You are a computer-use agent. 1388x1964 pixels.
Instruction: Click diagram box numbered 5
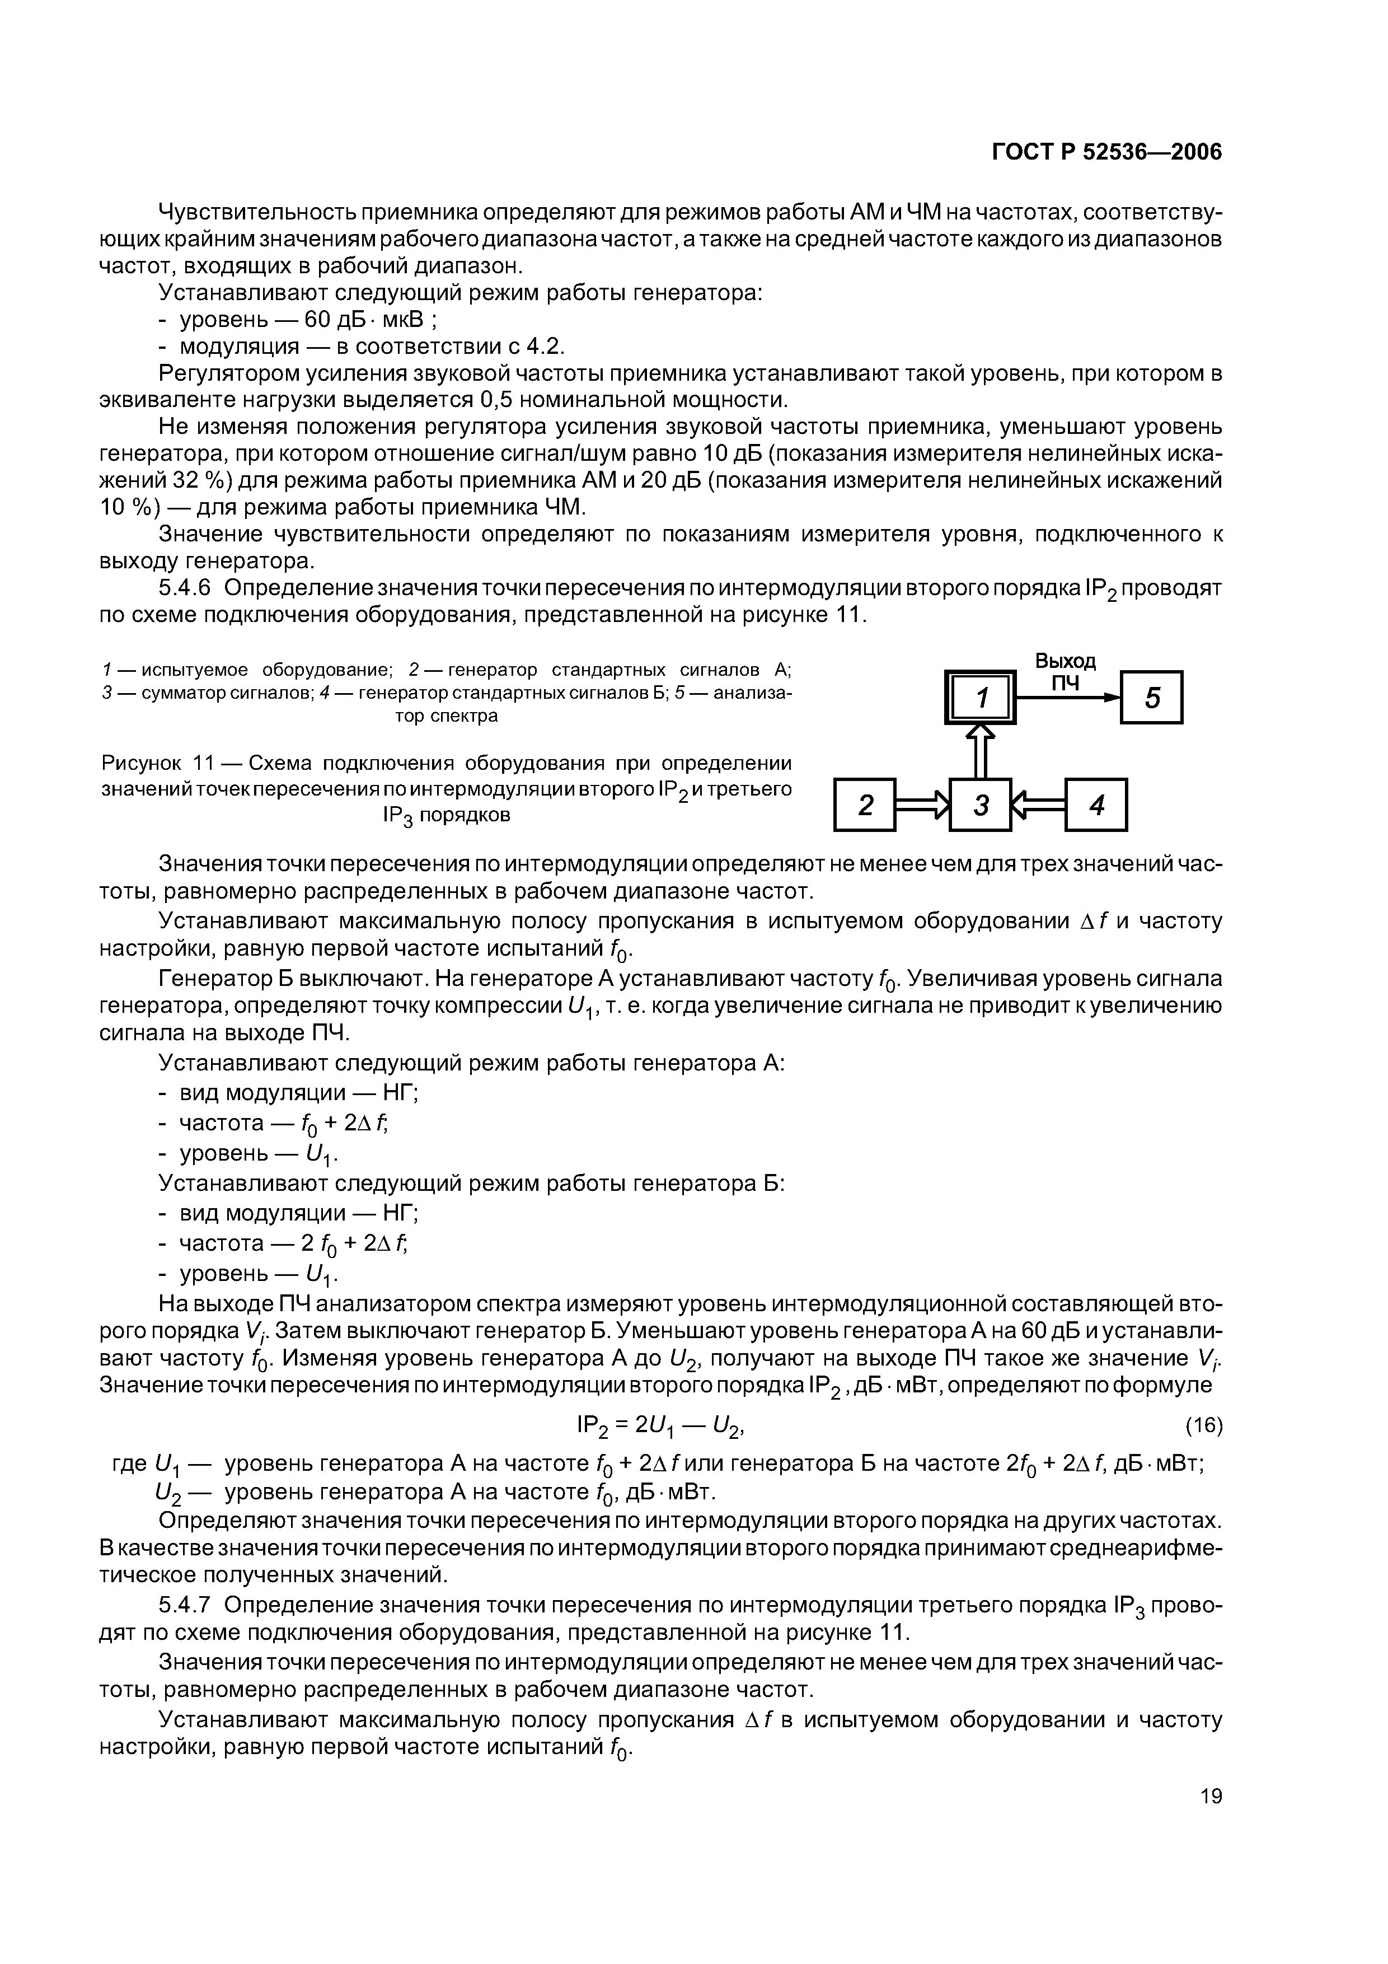click(1151, 698)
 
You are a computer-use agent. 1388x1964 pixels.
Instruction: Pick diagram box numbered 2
click(865, 805)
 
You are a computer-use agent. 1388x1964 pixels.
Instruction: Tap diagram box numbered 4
click(1096, 805)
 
